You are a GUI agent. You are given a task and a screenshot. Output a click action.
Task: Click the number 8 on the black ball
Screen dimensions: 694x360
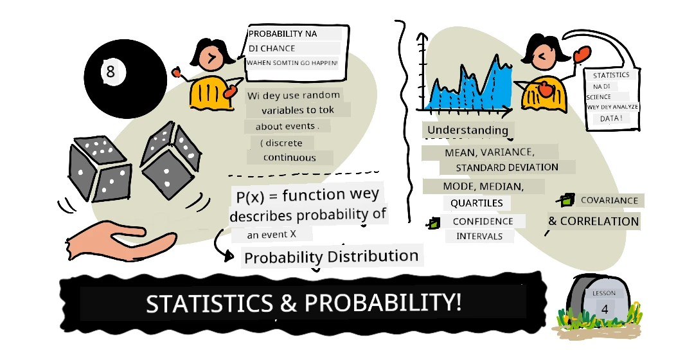111,71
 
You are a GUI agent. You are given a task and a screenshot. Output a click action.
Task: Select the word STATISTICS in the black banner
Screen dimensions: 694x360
209,303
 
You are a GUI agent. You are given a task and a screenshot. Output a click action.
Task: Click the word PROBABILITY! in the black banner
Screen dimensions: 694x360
383,303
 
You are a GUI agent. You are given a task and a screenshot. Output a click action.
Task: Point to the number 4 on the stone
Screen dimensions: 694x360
605,309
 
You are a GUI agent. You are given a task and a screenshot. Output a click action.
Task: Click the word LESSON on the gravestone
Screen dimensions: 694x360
603,293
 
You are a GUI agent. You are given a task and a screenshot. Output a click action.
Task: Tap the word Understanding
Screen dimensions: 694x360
467,130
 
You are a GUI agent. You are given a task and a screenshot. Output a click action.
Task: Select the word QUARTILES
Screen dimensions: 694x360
477,203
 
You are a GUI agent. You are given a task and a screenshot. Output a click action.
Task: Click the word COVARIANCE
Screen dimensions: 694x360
609,201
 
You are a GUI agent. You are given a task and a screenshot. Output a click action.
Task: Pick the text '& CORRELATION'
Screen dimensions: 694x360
593,221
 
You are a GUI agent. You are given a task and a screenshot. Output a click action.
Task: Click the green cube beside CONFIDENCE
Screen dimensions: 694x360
433,222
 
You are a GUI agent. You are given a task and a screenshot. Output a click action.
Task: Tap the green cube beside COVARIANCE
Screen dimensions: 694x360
566,200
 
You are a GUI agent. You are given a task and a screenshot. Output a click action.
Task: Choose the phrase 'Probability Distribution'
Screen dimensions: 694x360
331,257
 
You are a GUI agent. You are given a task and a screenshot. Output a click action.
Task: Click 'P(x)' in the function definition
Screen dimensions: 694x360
250,196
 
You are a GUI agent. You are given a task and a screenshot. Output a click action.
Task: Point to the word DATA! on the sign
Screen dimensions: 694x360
611,119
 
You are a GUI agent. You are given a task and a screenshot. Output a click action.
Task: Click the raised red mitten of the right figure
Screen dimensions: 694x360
582,55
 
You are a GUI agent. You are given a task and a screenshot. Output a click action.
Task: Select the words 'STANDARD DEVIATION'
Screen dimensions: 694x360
507,168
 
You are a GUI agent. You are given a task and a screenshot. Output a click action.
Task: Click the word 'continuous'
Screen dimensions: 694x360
289,157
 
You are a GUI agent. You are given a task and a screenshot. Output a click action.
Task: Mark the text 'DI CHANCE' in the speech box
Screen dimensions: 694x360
272,48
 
